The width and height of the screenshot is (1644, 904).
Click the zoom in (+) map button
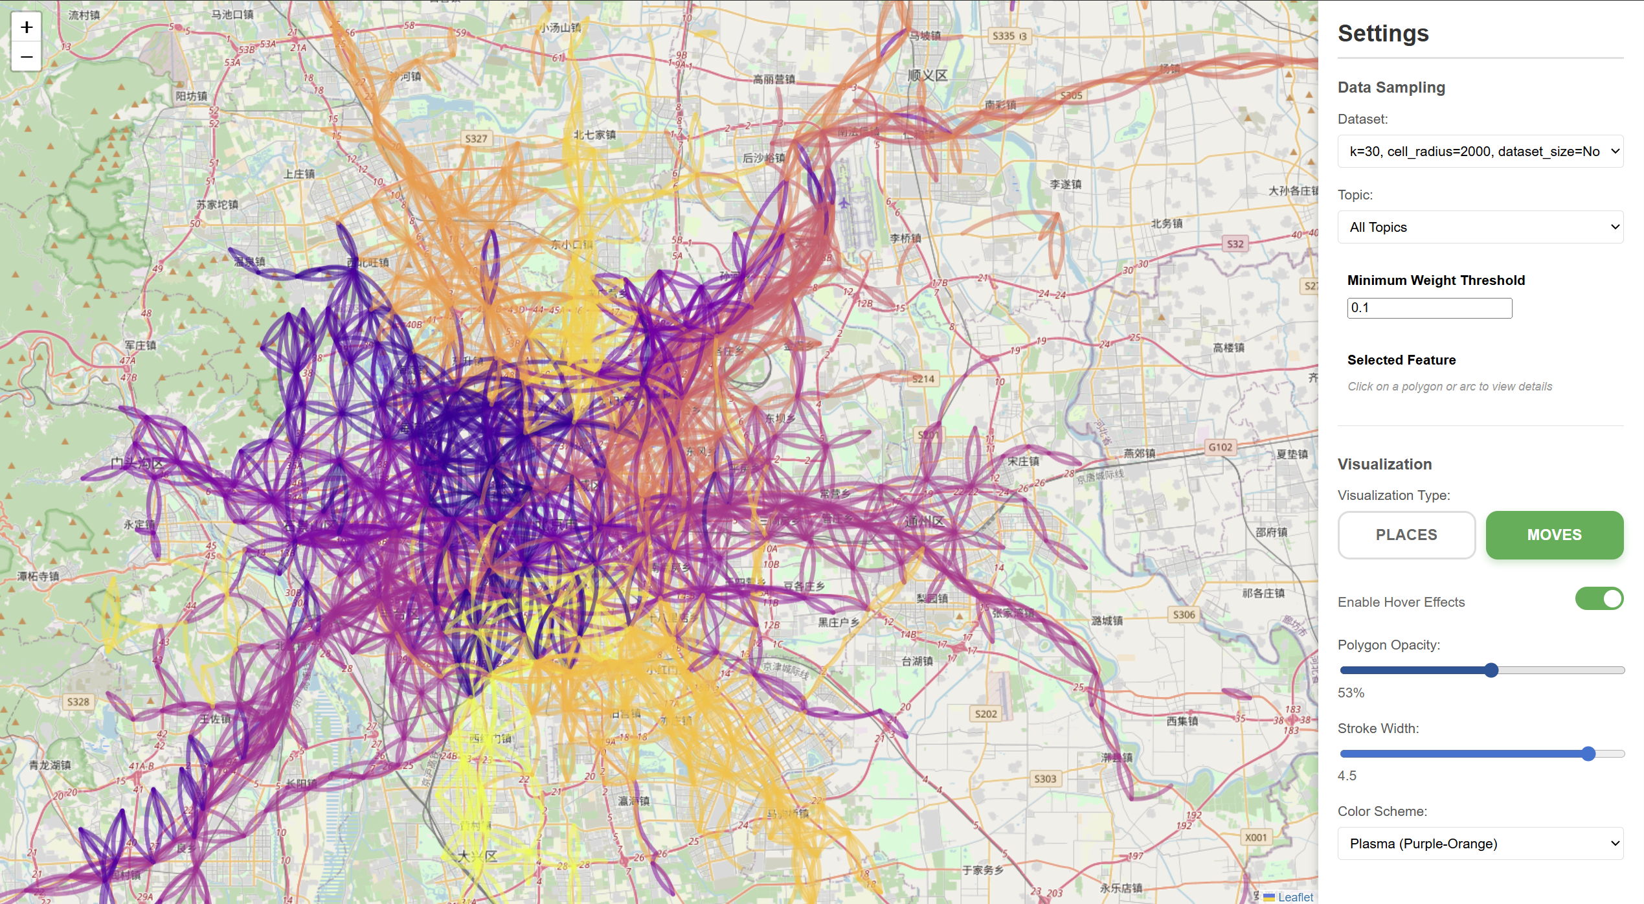point(27,27)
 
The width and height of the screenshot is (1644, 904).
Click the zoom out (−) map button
point(27,57)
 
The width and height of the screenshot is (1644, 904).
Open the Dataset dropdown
point(1480,152)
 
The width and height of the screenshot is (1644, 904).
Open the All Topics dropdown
point(1480,227)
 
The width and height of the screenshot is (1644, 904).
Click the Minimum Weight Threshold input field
point(1429,308)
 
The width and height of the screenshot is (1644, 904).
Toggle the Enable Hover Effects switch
point(1599,599)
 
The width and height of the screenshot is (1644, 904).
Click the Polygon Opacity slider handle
point(1491,670)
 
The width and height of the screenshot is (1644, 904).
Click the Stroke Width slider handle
point(1588,754)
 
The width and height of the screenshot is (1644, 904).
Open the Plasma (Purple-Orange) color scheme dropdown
point(1480,844)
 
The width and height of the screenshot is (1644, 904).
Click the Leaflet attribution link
point(1295,897)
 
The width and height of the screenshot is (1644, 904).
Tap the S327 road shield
point(476,139)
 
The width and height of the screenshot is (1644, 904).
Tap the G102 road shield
point(1220,447)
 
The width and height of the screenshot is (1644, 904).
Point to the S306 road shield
point(1184,615)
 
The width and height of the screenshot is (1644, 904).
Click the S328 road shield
point(78,702)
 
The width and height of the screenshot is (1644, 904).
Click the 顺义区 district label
point(927,76)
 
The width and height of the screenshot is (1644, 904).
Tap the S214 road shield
point(923,379)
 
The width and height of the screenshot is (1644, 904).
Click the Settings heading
point(1383,34)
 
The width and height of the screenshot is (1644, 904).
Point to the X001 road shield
point(1256,837)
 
